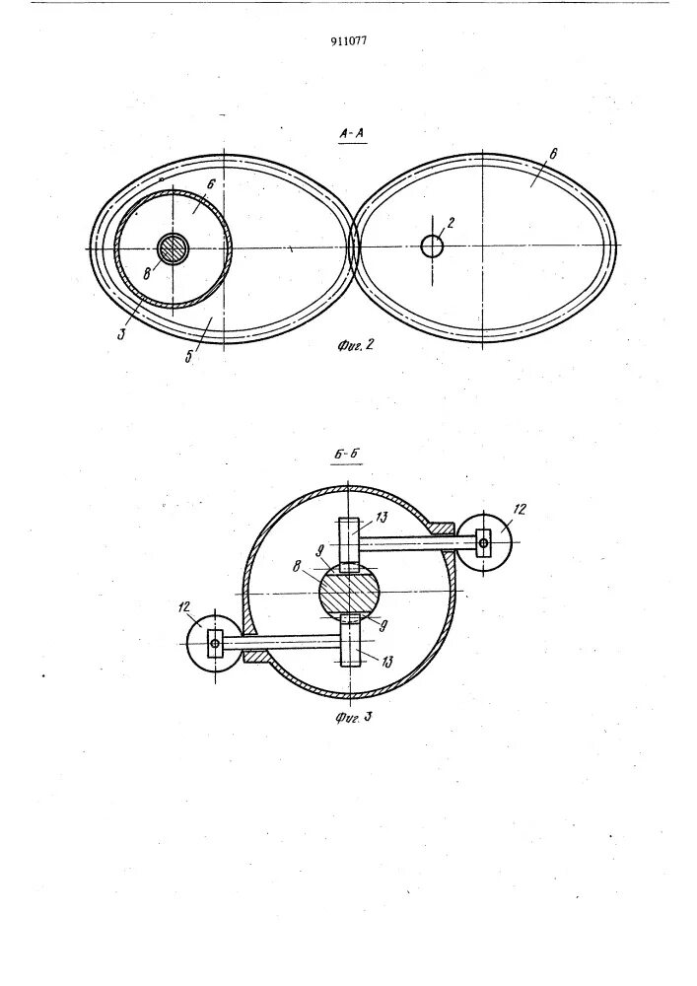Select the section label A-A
point(353,135)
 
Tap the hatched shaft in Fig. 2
point(174,248)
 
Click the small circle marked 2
point(432,246)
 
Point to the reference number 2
point(450,223)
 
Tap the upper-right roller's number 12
point(520,509)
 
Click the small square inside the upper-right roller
point(483,540)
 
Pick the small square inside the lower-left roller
point(215,644)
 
